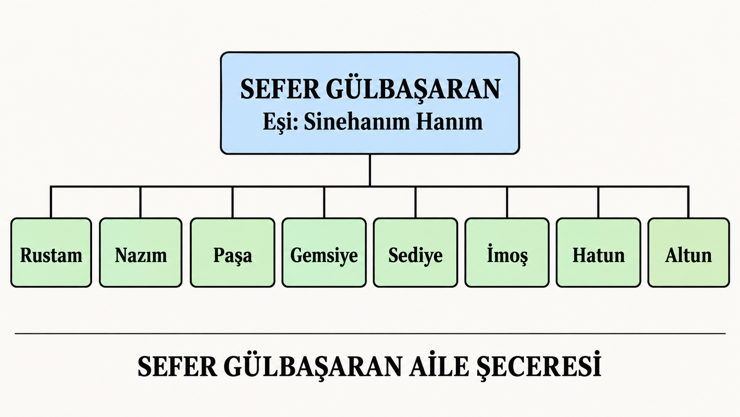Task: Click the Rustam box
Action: [x=51, y=252]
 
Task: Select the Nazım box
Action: [x=141, y=252]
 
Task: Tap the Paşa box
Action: [x=232, y=252]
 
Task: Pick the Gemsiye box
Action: [x=324, y=252]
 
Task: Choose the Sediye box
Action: [x=416, y=252]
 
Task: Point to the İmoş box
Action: [x=507, y=252]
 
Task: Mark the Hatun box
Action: [x=599, y=252]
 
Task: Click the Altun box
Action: [x=689, y=252]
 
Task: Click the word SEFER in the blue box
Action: [x=280, y=89]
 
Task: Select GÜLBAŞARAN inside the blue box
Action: [x=413, y=89]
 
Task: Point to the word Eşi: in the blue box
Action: [x=281, y=122]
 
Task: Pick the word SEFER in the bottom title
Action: [x=177, y=367]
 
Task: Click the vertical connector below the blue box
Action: [x=370, y=170]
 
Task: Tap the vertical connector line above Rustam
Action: [x=51, y=202]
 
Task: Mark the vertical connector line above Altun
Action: [x=689, y=202]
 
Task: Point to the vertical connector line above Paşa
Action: [x=232, y=202]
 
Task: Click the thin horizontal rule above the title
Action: [x=370, y=334]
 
